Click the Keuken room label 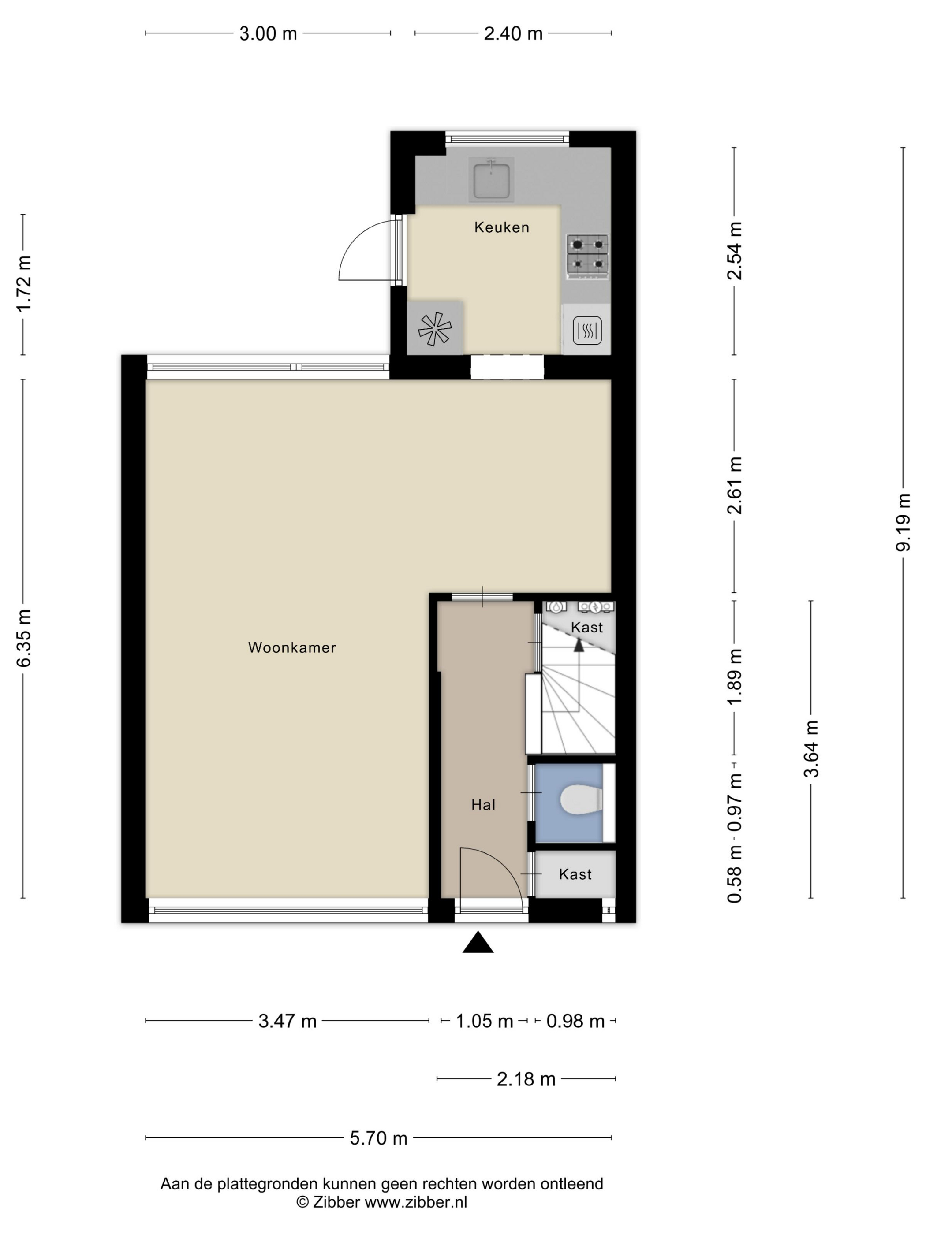(501, 227)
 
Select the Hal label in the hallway (483, 804)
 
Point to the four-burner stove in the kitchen (587, 256)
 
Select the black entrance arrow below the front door (478, 942)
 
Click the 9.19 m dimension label (903, 522)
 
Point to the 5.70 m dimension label (378, 1137)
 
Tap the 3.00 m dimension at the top (268, 33)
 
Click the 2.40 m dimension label (513, 33)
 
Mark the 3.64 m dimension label (810, 749)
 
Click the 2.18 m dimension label (526, 1079)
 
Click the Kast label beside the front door (575, 874)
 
